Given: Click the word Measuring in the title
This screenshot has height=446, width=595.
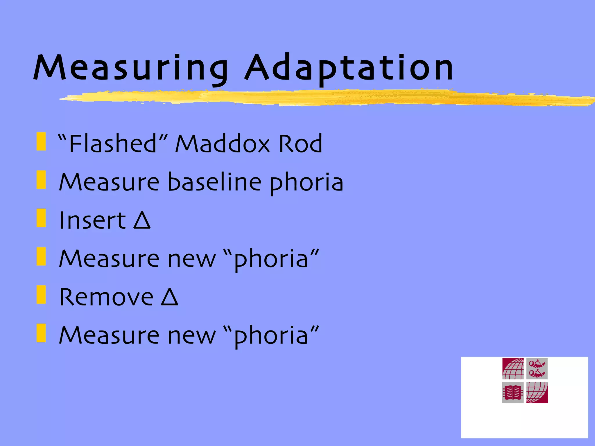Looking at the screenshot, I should (x=131, y=68).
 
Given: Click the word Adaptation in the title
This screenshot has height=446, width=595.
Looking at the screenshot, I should (x=349, y=68).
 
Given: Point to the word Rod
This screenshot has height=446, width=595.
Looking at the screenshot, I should (x=300, y=143).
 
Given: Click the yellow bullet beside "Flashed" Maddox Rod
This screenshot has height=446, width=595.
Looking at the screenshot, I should (x=41, y=141).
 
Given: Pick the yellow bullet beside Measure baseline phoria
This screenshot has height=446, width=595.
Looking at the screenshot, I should (x=41, y=180).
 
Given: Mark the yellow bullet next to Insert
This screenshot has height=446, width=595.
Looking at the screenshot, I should (x=41, y=218).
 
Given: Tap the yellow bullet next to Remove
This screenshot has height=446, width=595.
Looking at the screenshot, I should (x=41, y=295).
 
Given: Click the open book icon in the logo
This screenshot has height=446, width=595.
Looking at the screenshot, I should (x=513, y=393).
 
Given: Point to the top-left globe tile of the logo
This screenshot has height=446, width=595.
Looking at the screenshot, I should (x=513, y=369).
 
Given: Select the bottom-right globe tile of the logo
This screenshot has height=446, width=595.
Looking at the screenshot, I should (x=537, y=393).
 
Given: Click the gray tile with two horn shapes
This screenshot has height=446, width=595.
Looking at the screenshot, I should (x=537, y=369).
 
